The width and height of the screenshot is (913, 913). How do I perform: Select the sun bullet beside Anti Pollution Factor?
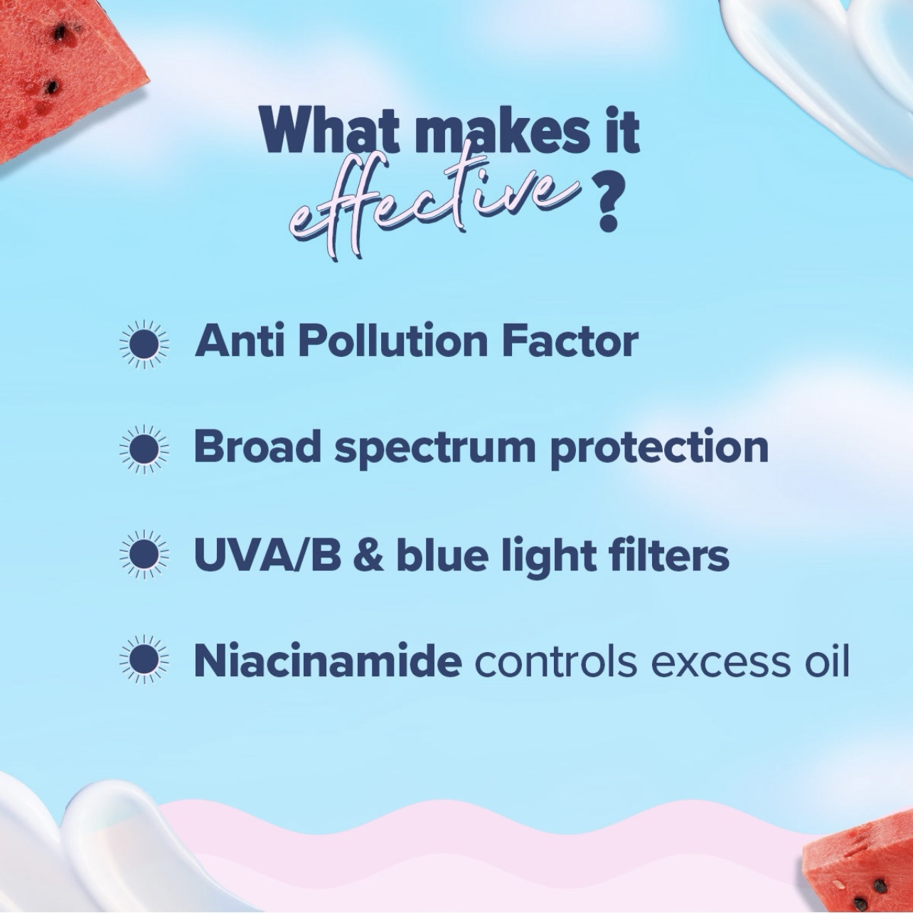point(144,344)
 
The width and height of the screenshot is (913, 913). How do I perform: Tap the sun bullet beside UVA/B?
point(144,555)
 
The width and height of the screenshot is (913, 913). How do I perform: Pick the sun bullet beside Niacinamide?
point(144,660)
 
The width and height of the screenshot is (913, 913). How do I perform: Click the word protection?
point(659,449)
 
